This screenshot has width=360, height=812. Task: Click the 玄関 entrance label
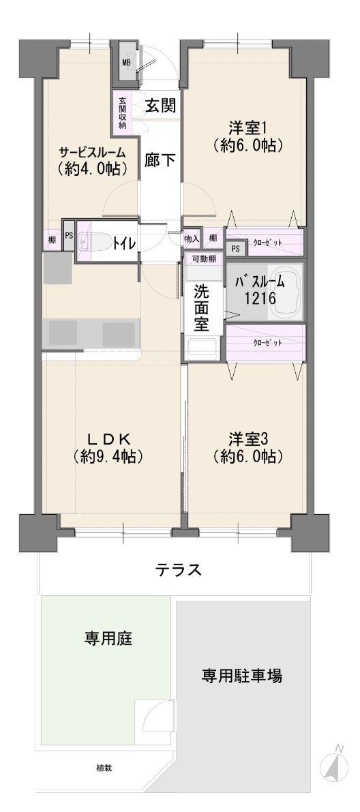pyautogui.click(x=161, y=106)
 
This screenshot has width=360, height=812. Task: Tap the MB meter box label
pyautogui.click(x=126, y=63)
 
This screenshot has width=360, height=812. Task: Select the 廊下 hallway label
pyautogui.click(x=160, y=160)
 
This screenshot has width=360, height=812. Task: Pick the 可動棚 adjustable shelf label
pyautogui.click(x=204, y=259)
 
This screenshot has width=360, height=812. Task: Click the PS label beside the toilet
pyautogui.click(x=69, y=234)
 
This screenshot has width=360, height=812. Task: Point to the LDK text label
pyautogui.click(x=108, y=439)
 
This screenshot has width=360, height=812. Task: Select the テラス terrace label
pyautogui.click(x=178, y=570)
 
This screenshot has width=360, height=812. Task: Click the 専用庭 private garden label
pyautogui.click(x=108, y=639)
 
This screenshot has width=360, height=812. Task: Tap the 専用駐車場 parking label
pyautogui.click(x=242, y=675)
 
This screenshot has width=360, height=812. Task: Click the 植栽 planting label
pyautogui.click(x=104, y=768)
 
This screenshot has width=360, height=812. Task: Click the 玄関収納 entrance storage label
pyautogui.click(x=122, y=113)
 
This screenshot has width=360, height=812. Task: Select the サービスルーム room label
pyautogui.click(x=92, y=153)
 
